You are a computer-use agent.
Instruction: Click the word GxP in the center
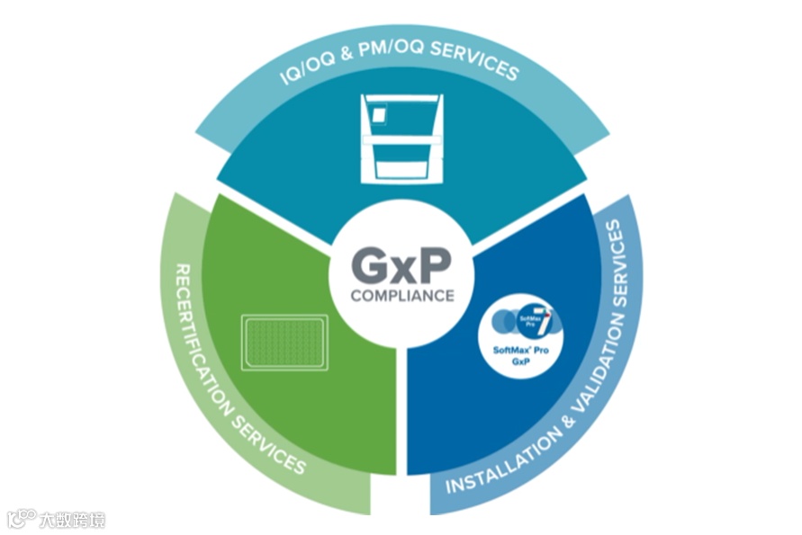pyautogui.click(x=401, y=266)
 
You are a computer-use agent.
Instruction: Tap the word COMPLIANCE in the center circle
pyautogui.click(x=401, y=296)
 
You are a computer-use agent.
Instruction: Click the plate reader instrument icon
pyautogui.click(x=401, y=137)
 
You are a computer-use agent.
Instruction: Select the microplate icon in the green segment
pyautogui.click(x=286, y=342)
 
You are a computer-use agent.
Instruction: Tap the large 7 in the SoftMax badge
pyautogui.click(x=545, y=317)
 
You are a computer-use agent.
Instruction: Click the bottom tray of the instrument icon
pyautogui.click(x=401, y=169)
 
